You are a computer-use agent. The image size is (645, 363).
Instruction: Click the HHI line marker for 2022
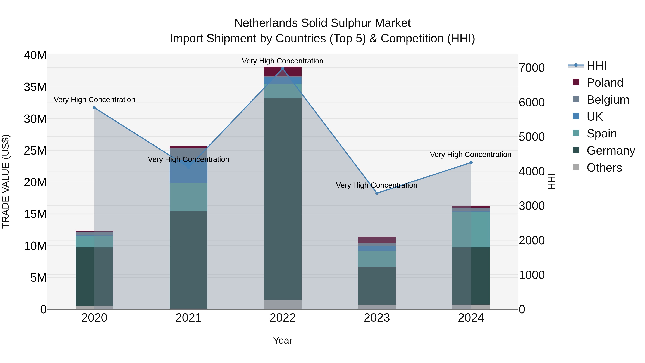point(283,69)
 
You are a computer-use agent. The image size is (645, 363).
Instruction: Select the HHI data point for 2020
point(94,108)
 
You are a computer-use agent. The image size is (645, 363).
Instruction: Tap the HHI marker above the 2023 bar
point(377,193)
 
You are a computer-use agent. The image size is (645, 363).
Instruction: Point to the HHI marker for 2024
point(471,163)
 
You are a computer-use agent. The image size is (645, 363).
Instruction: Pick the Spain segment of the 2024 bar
point(471,230)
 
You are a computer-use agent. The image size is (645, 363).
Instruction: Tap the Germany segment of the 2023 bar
point(377,286)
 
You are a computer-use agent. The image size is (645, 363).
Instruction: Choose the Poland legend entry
point(605,83)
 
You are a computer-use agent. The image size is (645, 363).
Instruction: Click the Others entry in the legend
point(604,168)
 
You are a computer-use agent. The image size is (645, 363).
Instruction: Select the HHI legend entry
point(596,66)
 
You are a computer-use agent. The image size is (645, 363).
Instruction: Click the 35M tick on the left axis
point(35,87)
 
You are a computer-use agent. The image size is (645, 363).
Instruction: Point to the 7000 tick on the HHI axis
point(532,68)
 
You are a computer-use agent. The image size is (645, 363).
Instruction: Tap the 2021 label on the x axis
point(188,318)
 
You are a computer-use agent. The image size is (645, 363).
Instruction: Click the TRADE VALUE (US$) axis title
point(6,181)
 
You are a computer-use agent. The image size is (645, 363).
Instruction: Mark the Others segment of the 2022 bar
point(283,304)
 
